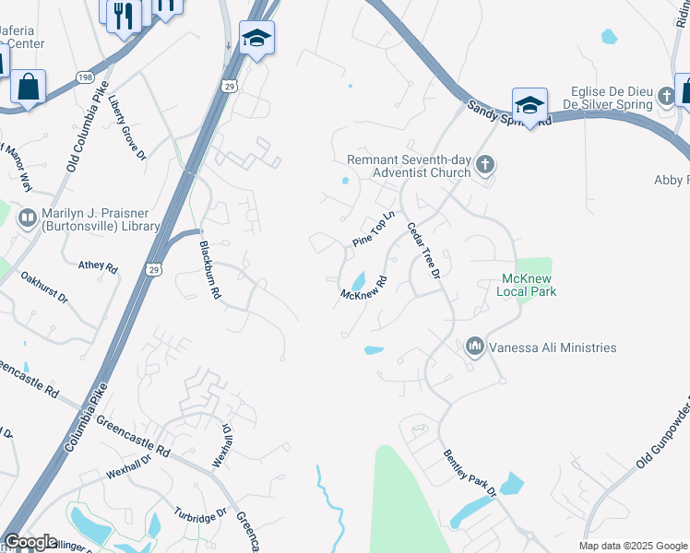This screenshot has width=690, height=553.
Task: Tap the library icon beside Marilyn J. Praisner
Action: point(27,218)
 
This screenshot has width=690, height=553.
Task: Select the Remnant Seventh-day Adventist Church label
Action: point(409,166)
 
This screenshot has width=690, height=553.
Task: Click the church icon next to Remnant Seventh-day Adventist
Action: point(486,166)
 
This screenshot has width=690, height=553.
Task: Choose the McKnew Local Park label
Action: point(529,285)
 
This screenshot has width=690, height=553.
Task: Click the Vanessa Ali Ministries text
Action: point(552,347)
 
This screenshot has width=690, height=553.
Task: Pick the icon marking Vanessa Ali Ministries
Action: point(475,347)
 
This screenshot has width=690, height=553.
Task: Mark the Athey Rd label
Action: point(98,267)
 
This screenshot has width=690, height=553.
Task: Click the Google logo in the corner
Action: point(31,542)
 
